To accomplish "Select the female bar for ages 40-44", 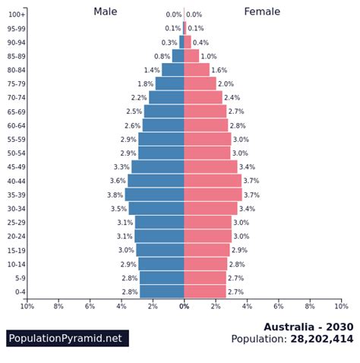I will click(x=213, y=181).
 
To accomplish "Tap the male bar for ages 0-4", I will click(x=162, y=292).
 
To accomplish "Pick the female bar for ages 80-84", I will click(x=197, y=70).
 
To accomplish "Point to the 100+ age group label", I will click(x=17, y=14).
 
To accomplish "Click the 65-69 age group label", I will click(x=17, y=112).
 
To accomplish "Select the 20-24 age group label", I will click(x=17, y=236).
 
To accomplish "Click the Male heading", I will click(x=106, y=11).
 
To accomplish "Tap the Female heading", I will click(x=262, y=11).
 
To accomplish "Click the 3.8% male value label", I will click(x=115, y=195).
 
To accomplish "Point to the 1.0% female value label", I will click(x=209, y=56).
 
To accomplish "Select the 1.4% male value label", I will click(x=152, y=70).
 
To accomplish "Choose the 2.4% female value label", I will click(x=232, y=98).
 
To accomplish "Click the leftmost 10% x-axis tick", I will click(x=27, y=306).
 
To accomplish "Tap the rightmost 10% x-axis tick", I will click(x=341, y=306).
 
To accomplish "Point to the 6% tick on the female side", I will click(x=279, y=306).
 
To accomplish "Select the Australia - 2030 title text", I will click(x=308, y=327).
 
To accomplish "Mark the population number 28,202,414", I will click(x=322, y=339).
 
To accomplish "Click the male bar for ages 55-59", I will click(x=161, y=139).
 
